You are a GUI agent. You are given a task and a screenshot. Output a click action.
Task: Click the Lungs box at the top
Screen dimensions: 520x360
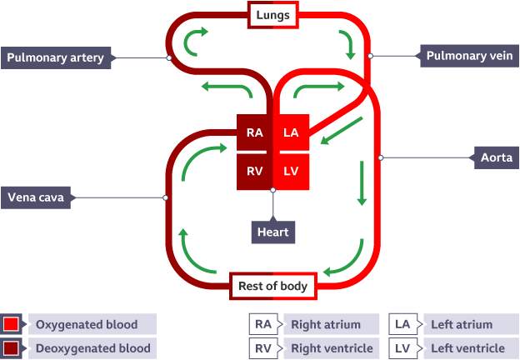273,15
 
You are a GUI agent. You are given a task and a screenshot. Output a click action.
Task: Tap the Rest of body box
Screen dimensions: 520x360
273,286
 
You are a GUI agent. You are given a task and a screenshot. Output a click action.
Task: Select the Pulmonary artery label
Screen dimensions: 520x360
56,57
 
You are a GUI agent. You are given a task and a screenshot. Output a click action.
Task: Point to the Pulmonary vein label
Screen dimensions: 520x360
469,56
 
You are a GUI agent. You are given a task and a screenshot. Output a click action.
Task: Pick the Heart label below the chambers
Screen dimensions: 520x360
273,232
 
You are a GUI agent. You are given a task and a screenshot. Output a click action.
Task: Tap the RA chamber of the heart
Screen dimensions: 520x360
254,132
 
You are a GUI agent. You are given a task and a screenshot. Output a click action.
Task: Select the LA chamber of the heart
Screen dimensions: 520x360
291,132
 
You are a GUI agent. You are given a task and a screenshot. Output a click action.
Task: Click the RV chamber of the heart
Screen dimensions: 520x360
254,172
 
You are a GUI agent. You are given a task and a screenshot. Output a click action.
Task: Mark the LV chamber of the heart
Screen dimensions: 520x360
291,172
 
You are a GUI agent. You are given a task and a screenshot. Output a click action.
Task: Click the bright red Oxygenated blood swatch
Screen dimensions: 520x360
11,324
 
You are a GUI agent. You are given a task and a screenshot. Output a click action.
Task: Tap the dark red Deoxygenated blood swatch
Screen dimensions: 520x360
11,348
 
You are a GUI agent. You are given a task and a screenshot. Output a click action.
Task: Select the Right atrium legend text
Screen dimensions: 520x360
326,324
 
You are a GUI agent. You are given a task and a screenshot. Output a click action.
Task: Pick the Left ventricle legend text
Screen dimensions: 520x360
468,348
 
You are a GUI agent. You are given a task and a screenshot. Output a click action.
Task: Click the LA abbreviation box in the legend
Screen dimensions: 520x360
403,324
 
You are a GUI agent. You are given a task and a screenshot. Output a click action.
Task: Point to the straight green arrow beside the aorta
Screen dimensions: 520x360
362,183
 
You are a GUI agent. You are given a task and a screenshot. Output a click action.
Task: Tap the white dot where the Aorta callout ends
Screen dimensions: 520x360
381,157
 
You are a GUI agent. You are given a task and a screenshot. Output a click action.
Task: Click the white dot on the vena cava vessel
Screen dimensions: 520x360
166,197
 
